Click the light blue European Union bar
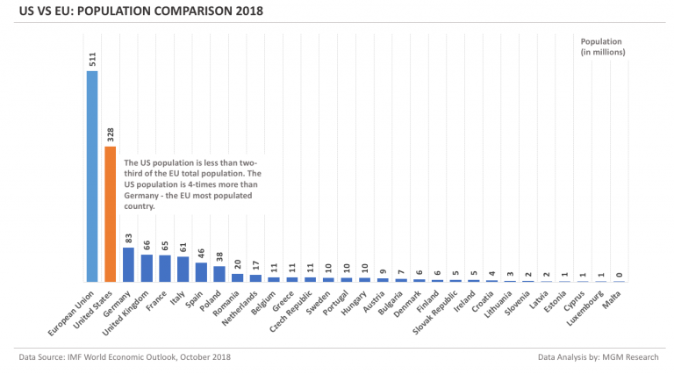coord(92,176)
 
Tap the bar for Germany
coord(128,264)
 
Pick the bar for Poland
coord(219,273)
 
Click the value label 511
coord(92,59)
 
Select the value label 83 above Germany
coord(128,237)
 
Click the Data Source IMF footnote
coord(125,358)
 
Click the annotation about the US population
coord(191,184)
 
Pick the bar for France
coord(165,269)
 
